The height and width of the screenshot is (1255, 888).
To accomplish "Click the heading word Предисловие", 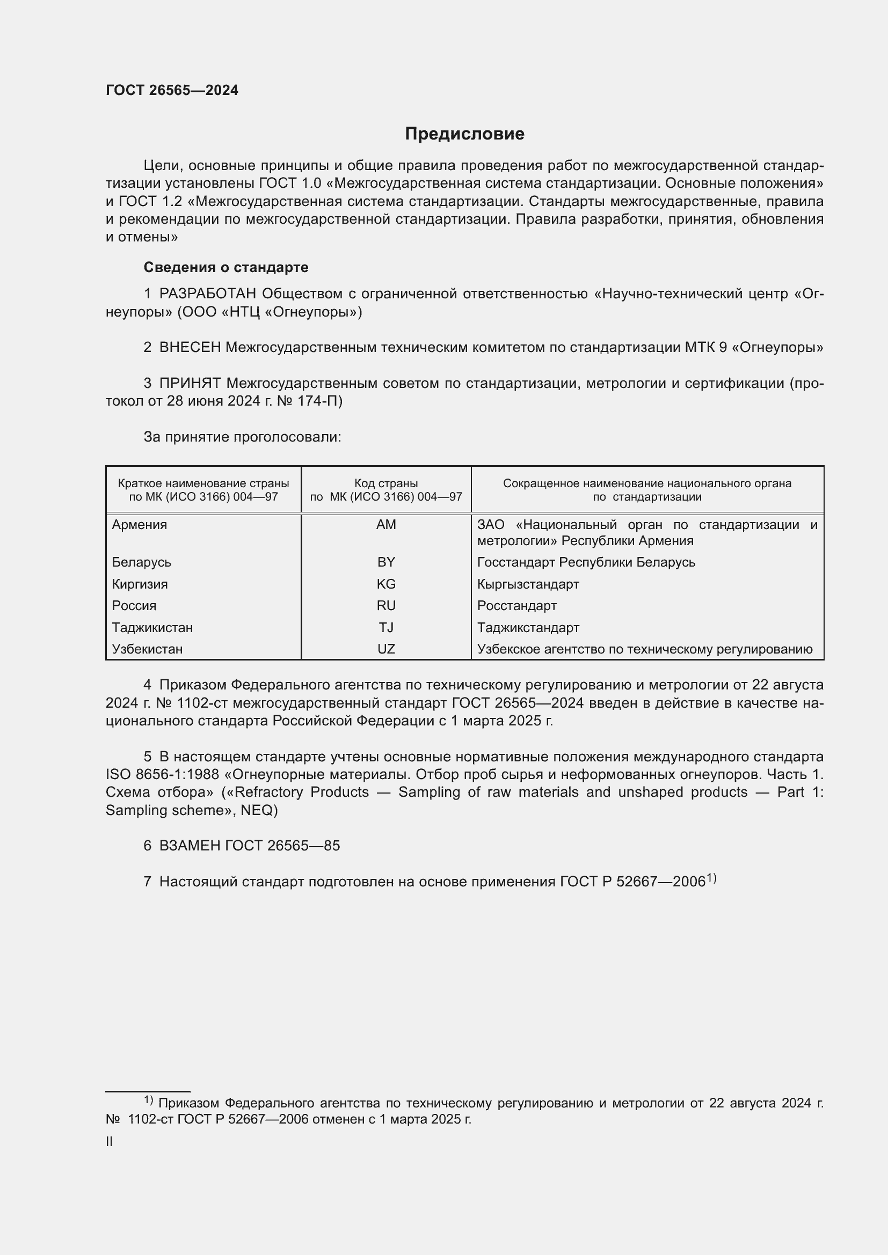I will pyautogui.click(x=464, y=134).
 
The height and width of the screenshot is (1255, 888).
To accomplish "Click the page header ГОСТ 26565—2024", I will pyautogui.click(x=172, y=91).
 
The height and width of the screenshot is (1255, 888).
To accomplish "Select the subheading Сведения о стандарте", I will pyautogui.click(x=226, y=267).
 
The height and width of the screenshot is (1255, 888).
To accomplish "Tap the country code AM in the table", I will pyautogui.click(x=386, y=525).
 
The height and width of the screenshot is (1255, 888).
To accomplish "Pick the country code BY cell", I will pyautogui.click(x=386, y=562).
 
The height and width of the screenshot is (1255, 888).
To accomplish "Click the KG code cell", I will pyautogui.click(x=386, y=584).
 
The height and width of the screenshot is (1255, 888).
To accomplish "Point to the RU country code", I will pyautogui.click(x=386, y=606).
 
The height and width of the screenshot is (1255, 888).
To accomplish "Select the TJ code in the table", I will pyautogui.click(x=386, y=628).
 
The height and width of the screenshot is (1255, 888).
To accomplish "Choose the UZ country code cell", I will pyautogui.click(x=386, y=649).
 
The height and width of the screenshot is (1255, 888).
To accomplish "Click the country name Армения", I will pyautogui.click(x=140, y=525).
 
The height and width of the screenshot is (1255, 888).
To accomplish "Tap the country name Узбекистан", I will pyautogui.click(x=147, y=649).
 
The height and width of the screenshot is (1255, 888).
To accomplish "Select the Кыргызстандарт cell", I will pyautogui.click(x=528, y=584).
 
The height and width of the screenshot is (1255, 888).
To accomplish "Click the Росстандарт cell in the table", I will pyautogui.click(x=516, y=606).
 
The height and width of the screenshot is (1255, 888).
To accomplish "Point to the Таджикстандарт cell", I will pyautogui.click(x=528, y=628).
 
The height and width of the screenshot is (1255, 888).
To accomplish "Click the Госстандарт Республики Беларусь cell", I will pyautogui.click(x=586, y=562).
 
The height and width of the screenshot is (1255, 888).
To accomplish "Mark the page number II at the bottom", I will pyautogui.click(x=110, y=1142).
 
